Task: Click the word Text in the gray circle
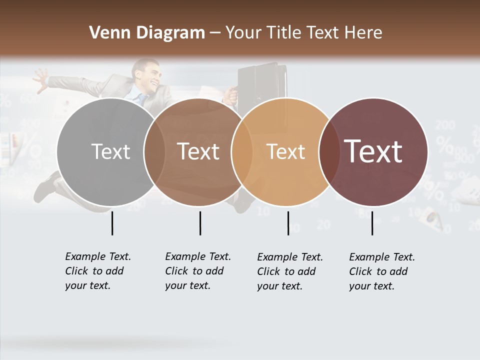[110, 151]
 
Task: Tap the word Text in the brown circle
[198, 151]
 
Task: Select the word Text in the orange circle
[286, 151]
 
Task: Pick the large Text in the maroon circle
[373, 151]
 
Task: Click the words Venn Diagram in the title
[147, 33]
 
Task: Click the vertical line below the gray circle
[112, 223]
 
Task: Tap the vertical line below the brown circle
[200, 223]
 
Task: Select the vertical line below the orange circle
[288, 223]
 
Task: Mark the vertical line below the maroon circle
[372, 223]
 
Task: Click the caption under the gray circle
[98, 271]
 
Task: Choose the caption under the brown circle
[198, 271]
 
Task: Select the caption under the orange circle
[290, 271]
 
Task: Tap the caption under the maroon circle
[382, 271]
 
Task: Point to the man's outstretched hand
[40, 79]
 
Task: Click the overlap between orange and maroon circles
[327, 151]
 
